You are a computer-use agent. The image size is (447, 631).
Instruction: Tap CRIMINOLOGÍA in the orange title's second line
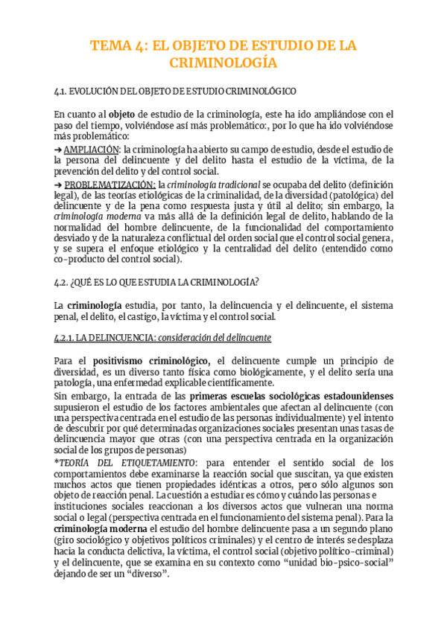coord(223,63)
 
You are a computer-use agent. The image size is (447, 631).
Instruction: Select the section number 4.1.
coord(62,92)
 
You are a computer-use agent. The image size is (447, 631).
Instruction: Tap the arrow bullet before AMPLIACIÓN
coord(58,149)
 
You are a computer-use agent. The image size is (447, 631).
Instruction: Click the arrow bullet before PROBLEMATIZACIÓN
coord(58,184)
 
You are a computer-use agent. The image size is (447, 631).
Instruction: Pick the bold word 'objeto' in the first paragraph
coord(121,115)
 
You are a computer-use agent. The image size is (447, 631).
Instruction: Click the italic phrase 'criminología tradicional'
coord(209,184)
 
